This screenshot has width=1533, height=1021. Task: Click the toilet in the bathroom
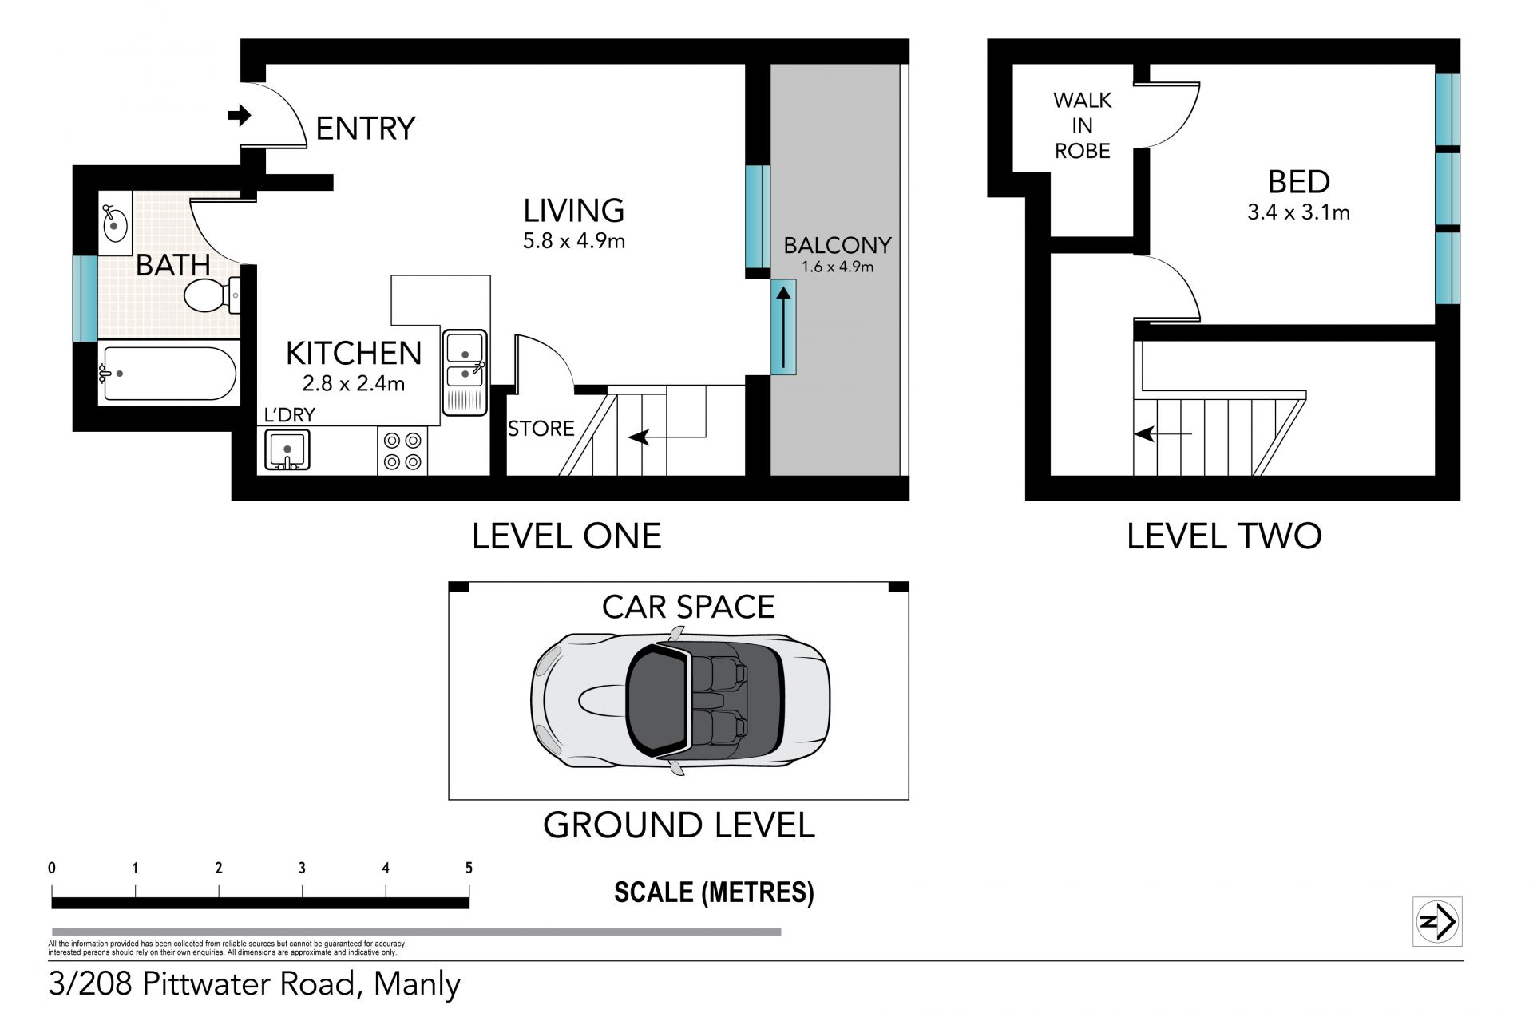pos(212,296)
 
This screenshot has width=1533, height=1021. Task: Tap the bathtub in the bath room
pos(168,373)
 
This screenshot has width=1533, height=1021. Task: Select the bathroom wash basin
pos(115,224)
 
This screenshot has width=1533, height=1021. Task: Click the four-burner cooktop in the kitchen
pos(402,450)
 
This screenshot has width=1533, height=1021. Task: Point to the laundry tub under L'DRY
pos(287,450)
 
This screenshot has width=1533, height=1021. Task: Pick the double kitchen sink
pos(465,372)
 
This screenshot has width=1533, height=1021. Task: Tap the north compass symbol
pos(1437,922)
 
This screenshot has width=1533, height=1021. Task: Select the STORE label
pos(541,429)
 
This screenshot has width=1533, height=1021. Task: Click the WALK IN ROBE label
pos(1083,125)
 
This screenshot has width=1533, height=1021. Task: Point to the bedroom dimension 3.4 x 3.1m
pos(1298,212)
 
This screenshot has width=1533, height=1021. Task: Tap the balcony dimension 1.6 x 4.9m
pos(838,267)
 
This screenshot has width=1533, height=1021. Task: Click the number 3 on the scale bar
pos(302,868)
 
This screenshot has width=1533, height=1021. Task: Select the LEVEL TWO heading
pos(1224,536)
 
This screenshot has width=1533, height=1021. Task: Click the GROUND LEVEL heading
pos(679,825)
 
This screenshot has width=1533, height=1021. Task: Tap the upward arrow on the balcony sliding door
pos(784,326)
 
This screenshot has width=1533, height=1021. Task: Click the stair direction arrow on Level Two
pos(1163,434)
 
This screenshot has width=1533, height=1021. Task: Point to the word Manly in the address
pos(417,985)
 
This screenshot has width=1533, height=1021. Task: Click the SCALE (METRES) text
pos(714,892)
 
